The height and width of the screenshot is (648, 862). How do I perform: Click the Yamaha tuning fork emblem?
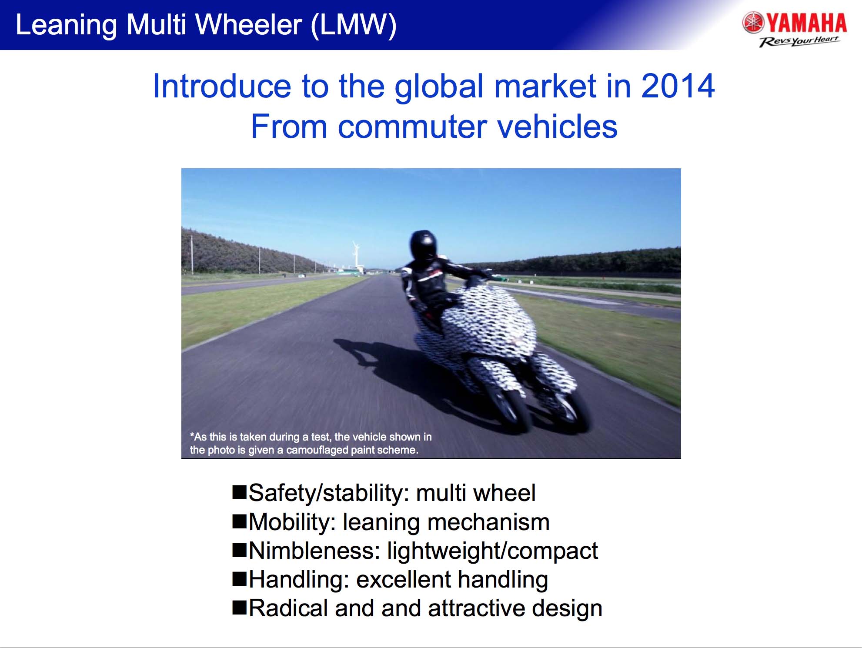[753, 23]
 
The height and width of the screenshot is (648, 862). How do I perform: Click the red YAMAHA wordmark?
[806, 23]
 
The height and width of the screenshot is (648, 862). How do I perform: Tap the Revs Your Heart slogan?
[799, 41]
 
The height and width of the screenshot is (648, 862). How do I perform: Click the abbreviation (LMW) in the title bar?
[354, 25]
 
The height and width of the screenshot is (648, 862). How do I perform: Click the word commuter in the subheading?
[412, 127]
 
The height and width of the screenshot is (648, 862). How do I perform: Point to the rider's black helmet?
[423, 246]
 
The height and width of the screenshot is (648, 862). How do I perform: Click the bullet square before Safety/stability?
[239, 492]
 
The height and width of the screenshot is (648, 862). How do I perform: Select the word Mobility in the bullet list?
[290, 522]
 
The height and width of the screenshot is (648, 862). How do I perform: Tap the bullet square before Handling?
[239, 579]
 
